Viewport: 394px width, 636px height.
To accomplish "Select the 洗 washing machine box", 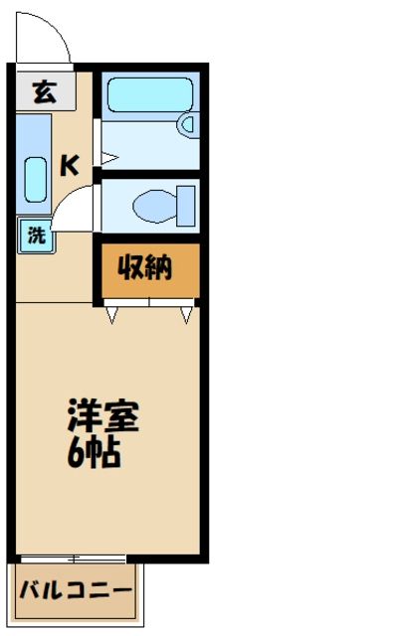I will (x=36, y=237).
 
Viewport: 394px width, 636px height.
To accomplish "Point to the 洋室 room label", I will (x=102, y=414).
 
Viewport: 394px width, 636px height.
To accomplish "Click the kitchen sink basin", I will (x=34, y=179).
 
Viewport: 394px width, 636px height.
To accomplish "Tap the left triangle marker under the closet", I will (x=112, y=315).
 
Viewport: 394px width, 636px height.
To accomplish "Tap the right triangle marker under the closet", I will (x=186, y=315).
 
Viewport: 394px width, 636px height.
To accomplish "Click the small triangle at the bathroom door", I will (x=107, y=157).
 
